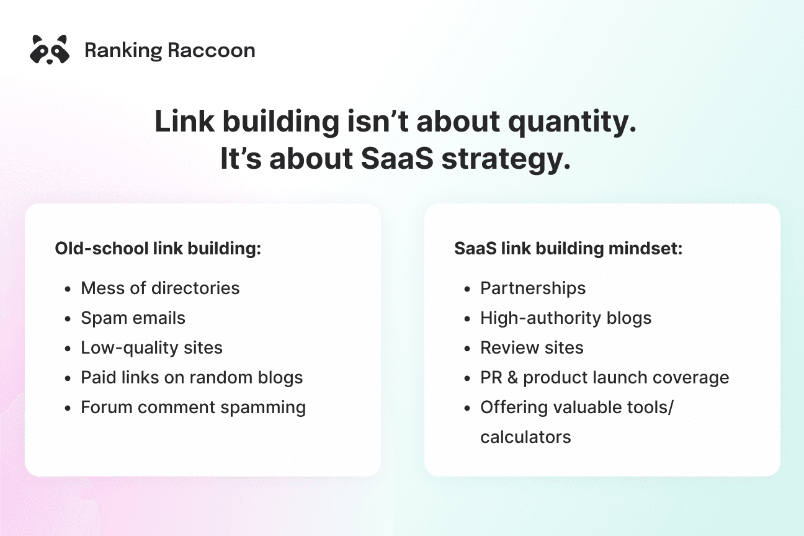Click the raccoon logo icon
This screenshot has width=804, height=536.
[x=49, y=50]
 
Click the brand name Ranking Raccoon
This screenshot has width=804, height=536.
[x=169, y=50]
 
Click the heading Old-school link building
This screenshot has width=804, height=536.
[x=158, y=249]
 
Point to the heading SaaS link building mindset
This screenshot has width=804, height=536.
[x=568, y=249]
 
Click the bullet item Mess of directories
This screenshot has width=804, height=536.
[x=160, y=288]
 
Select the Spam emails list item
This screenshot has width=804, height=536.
[x=133, y=318]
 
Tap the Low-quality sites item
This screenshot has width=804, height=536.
[x=151, y=348]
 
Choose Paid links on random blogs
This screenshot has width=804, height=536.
[x=192, y=378]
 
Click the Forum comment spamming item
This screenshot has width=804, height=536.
[x=193, y=408]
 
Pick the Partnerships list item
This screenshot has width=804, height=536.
[x=533, y=288]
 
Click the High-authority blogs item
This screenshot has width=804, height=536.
[x=566, y=318]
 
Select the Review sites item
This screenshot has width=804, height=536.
[x=532, y=348]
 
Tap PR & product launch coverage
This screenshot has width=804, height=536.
[x=604, y=378]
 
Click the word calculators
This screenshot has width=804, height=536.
[x=525, y=437]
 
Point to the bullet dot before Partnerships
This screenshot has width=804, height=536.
[x=468, y=289]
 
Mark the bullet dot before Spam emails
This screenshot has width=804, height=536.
[x=69, y=319]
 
